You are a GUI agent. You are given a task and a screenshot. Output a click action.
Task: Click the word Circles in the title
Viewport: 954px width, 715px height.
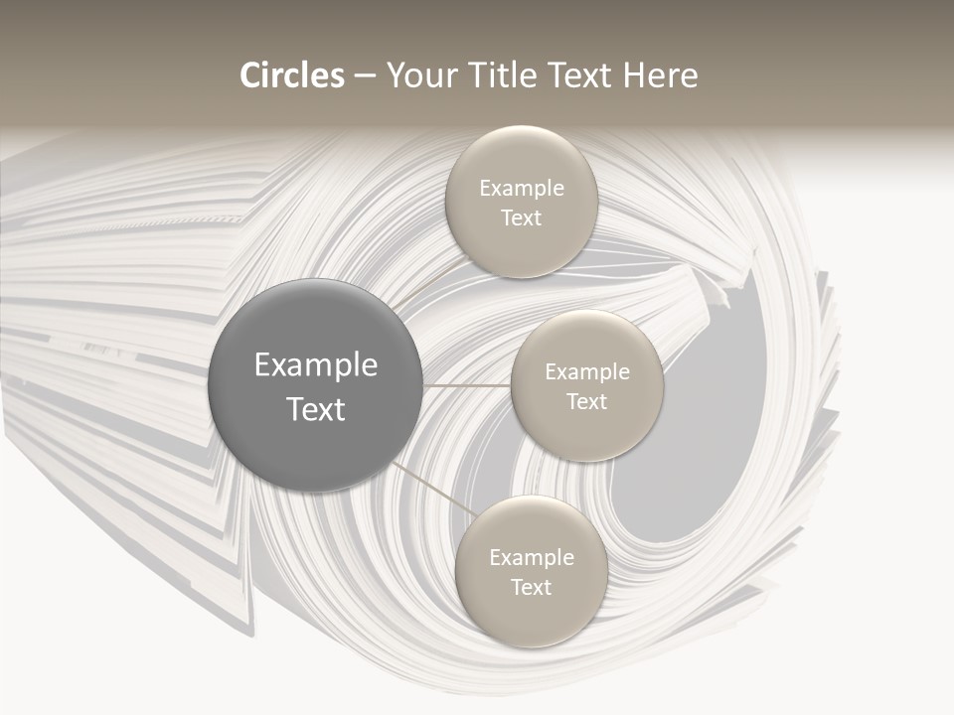(x=291, y=75)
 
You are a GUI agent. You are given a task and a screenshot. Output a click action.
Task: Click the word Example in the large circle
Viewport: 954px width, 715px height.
(x=316, y=365)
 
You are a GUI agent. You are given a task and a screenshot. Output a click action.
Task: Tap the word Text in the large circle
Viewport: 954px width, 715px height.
(x=316, y=409)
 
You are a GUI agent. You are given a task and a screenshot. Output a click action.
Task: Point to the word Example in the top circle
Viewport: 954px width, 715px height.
(x=521, y=188)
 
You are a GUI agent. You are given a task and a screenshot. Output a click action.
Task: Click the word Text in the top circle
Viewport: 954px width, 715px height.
(x=521, y=217)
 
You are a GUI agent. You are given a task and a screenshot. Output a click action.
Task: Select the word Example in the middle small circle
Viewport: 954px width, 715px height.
(x=586, y=371)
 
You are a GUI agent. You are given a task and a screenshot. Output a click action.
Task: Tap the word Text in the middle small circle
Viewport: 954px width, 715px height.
(x=586, y=401)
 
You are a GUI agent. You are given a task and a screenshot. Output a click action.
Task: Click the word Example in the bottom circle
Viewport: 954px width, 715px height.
(x=531, y=557)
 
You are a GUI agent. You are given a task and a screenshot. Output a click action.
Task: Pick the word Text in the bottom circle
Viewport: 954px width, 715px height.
(x=531, y=587)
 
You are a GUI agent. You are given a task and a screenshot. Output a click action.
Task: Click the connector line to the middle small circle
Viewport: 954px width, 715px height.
(x=467, y=384)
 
